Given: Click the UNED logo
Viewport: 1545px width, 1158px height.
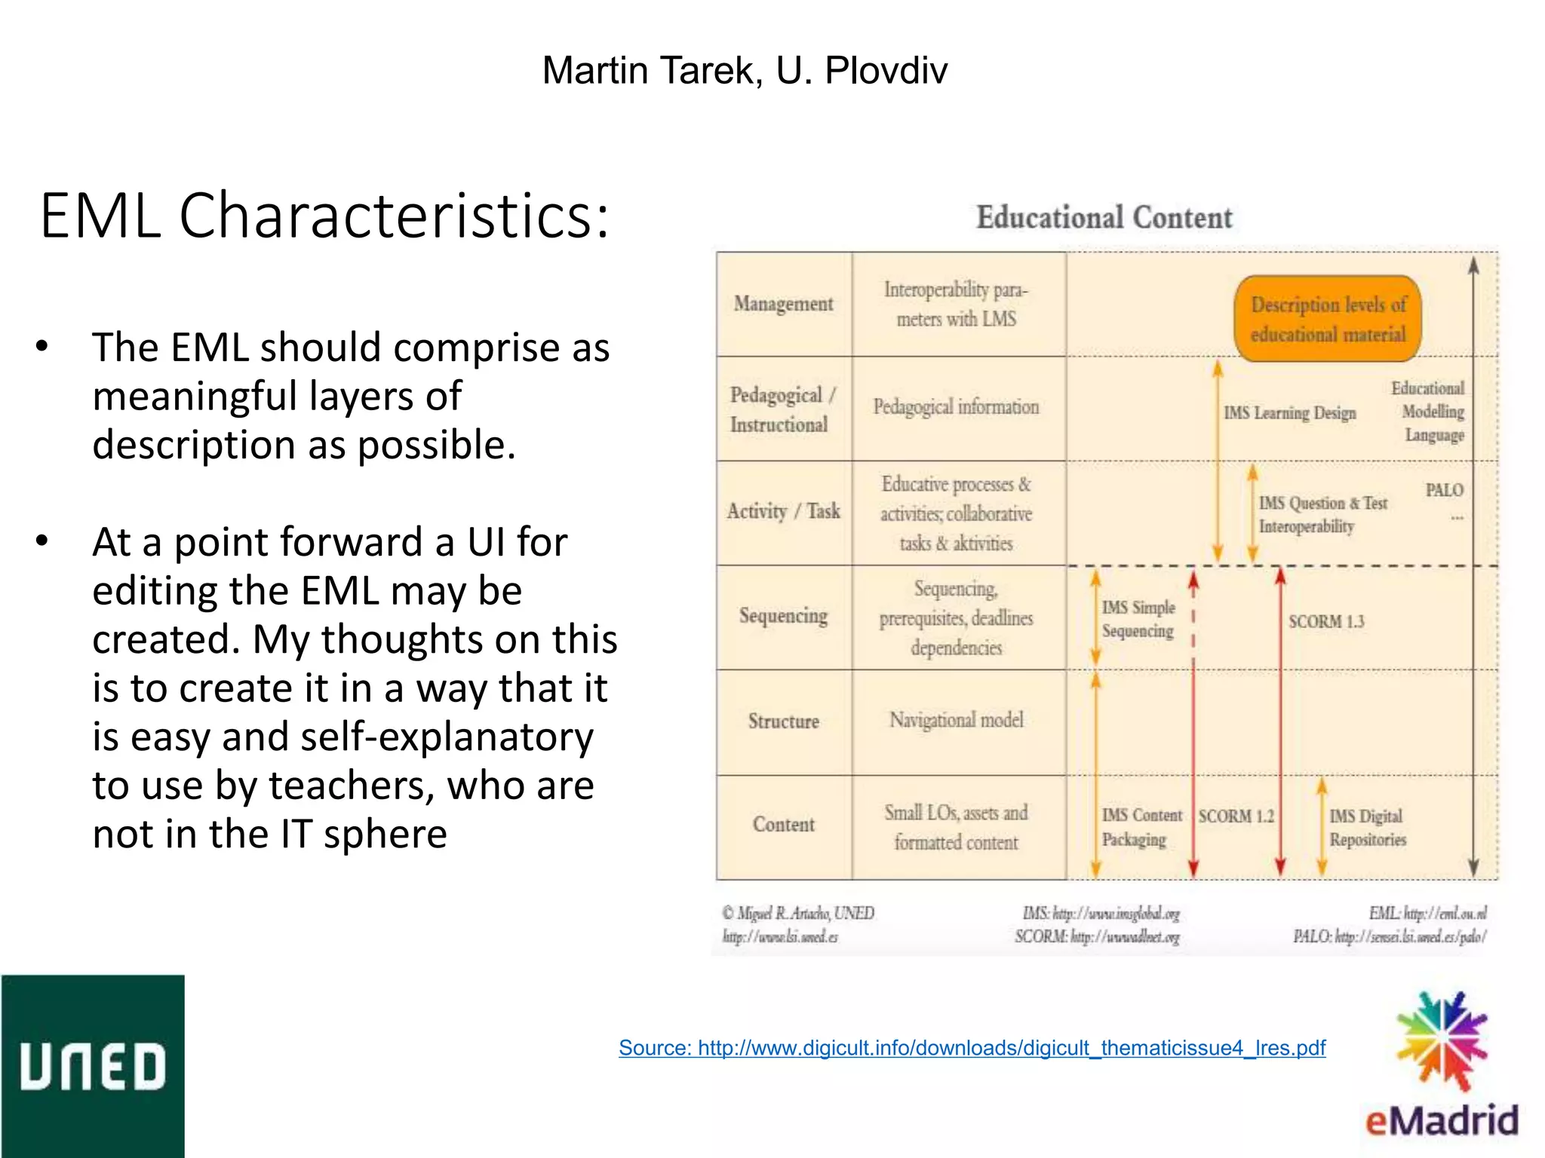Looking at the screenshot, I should (x=92, y=1065).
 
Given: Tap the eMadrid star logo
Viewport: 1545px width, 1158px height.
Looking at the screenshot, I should (x=1442, y=1040).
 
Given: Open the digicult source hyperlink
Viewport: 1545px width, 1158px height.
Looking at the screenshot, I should (x=972, y=1048).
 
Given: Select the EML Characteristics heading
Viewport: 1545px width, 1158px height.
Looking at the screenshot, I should (x=324, y=216).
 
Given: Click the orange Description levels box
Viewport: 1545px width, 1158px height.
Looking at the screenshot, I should (x=1328, y=319).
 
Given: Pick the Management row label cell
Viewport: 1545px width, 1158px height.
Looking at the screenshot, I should (x=783, y=304).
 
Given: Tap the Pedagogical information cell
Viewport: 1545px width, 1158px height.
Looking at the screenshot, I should (x=956, y=407).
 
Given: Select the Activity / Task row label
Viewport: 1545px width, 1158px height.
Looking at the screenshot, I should (x=783, y=511).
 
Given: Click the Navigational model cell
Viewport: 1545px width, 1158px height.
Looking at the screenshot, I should (x=956, y=720).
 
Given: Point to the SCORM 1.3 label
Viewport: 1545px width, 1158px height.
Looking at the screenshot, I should (x=1326, y=622).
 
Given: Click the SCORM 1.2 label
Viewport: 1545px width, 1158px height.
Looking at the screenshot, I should (x=1236, y=816).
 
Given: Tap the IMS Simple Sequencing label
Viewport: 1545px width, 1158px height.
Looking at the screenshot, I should (x=1138, y=619).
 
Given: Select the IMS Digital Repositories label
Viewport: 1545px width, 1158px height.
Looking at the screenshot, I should (x=1367, y=828).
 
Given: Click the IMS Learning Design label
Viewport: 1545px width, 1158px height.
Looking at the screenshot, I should (x=1289, y=413).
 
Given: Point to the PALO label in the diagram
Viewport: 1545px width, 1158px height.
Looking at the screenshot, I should (x=1444, y=490).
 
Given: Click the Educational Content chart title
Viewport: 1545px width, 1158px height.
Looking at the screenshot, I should (x=1104, y=218).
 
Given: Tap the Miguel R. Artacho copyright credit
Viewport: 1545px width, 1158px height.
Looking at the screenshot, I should (x=797, y=914).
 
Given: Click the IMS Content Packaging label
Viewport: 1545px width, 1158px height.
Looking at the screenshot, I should (x=1141, y=827).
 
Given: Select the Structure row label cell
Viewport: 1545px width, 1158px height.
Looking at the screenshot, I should (x=783, y=721).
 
